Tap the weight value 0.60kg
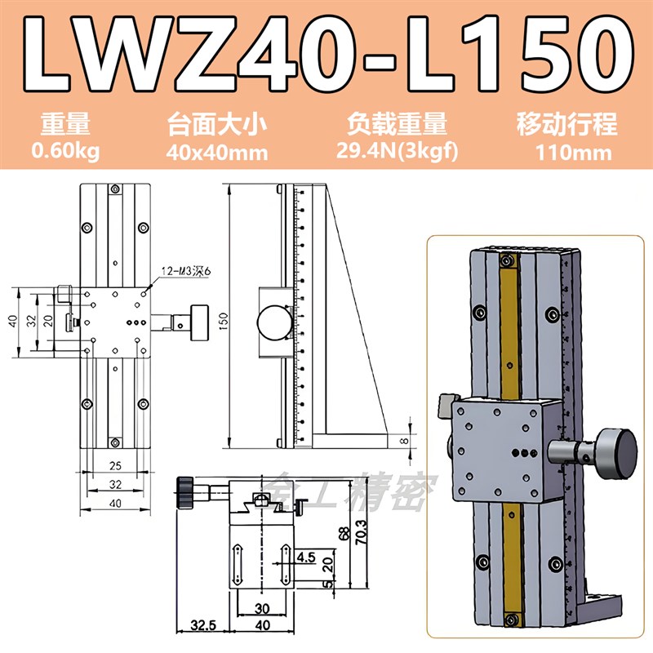pos(65,150)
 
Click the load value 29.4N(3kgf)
pos(397,151)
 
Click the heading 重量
pos(65,125)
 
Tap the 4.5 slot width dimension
pos(306,557)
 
